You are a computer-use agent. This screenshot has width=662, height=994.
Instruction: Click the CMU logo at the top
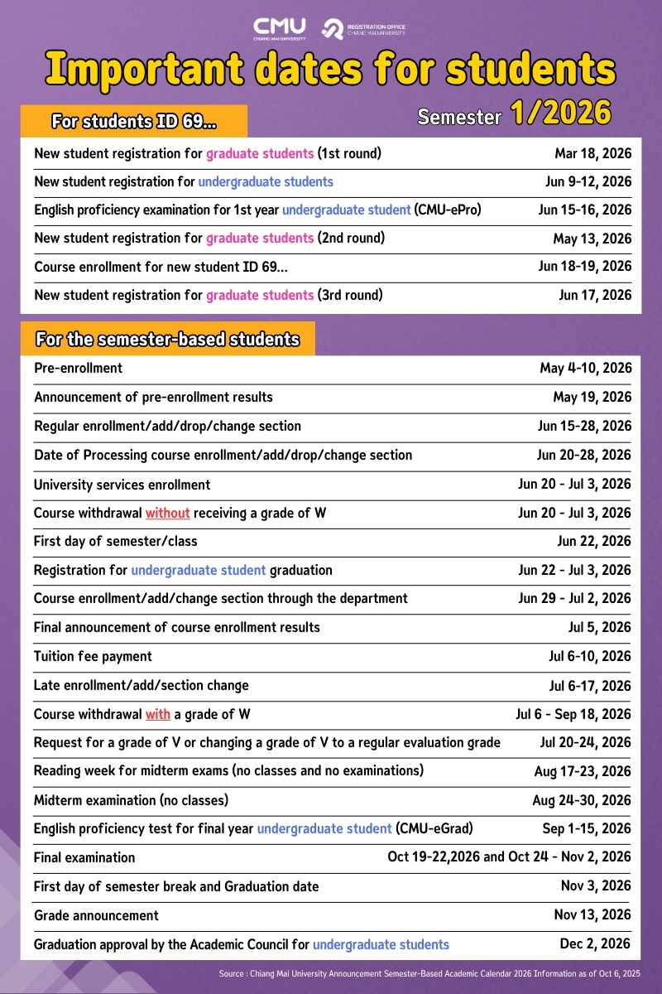coord(279,28)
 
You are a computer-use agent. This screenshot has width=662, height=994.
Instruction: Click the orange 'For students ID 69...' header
coord(134,122)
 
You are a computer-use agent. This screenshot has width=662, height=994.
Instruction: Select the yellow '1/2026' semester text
coord(561,113)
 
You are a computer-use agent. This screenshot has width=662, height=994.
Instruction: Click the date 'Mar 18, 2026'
coord(592,153)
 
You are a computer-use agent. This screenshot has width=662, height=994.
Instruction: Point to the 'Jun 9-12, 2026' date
coord(584,181)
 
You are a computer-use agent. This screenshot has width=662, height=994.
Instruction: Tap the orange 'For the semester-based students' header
coord(167,340)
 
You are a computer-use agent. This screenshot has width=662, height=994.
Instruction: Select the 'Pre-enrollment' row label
coord(78,368)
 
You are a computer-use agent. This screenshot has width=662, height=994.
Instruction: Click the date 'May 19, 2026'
coord(592,397)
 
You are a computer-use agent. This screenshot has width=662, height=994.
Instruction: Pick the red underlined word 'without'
coord(167,513)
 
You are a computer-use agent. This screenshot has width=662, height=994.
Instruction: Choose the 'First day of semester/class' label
coord(115,541)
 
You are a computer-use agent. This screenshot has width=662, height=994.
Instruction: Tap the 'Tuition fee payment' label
coord(93,656)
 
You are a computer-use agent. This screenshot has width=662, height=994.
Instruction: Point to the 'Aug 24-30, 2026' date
coord(581,800)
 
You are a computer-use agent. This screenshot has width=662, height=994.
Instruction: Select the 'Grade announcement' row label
coord(96,915)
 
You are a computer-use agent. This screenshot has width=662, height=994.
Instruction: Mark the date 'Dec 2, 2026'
coord(595,943)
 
